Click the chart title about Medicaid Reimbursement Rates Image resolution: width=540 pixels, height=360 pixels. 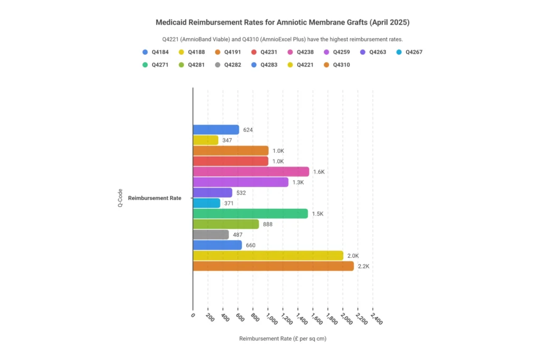pyautogui.click(x=282, y=23)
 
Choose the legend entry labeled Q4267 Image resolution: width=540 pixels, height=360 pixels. pyautogui.click(x=409, y=52)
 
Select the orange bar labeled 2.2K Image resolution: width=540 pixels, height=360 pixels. pyautogui.click(x=273, y=266)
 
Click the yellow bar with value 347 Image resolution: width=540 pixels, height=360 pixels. pyautogui.click(x=206, y=140)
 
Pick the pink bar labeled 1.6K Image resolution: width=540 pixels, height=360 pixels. pyautogui.click(x=251, y=172)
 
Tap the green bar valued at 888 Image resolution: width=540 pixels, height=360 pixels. pyautogui.click(x=226, y=224)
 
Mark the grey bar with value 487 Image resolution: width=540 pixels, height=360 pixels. pyautogui.click(x=211, y=235)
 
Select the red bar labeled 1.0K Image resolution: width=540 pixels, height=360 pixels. pyautogui.click(x=230, y=161)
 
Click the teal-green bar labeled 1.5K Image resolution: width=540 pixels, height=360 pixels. pyautogui.click(x=250, y=213)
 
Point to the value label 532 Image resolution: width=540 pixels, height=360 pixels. pyautogui.click(x=241, y=193)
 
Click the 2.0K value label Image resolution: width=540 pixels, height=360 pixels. pyautogui.click(x=353, y=256)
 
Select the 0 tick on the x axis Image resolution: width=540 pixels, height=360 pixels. pyautogui.click(x=193, y=316)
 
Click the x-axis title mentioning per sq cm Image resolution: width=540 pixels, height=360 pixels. pyautogui.click(x=283, y=339)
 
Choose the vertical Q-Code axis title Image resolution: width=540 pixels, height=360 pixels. pyautogui.click(x=120, y=198)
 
